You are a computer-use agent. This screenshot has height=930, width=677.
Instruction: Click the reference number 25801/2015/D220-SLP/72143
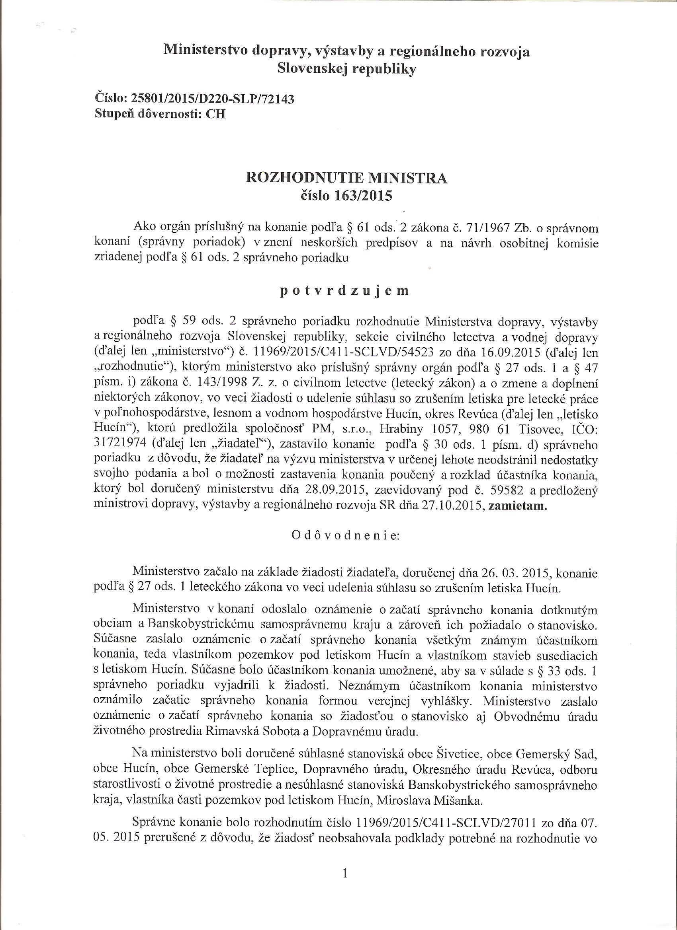click(212, 99)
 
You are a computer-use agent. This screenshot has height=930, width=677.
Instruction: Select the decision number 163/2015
click(361, 196)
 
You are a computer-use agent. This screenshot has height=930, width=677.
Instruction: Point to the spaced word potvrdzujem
click(344, 291)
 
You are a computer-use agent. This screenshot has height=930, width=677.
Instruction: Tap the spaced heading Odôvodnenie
click(345, 535)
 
